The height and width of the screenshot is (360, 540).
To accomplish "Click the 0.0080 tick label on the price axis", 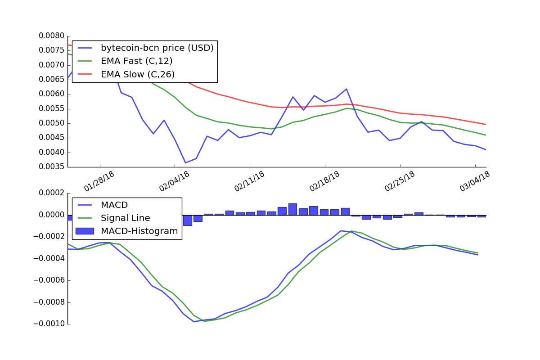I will pyautogui.click(x=52, y=36).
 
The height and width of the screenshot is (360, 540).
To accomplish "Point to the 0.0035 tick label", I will pyautogui.click(x=52, y=167).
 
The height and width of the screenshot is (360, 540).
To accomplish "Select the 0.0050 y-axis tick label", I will pyautogui.click(x=52, y=123).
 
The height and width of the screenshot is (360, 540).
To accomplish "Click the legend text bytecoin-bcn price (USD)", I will pyautogui.click(x=157, y=48).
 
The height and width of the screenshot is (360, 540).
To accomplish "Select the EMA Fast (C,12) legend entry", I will pyautogui.click(x=136, y=61).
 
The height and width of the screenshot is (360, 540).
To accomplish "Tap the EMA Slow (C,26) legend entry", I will pyautogui.click(x=137, y=74).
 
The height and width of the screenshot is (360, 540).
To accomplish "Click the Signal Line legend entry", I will pyautogui.click(x=125, y=218).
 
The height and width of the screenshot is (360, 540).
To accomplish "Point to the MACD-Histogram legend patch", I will pyautogui.click(x=85, y=231).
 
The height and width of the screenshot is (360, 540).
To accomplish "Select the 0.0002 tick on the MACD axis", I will pyautogui.click(x=52, y=193).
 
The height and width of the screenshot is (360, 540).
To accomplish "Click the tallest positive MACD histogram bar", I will pyautogui.click(x=292, y=209).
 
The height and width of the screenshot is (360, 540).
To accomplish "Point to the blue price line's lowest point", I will pyautogui.click(x=185, y=162).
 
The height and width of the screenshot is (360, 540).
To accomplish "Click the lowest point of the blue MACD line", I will pyautogui.click(x=194, y=321).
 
